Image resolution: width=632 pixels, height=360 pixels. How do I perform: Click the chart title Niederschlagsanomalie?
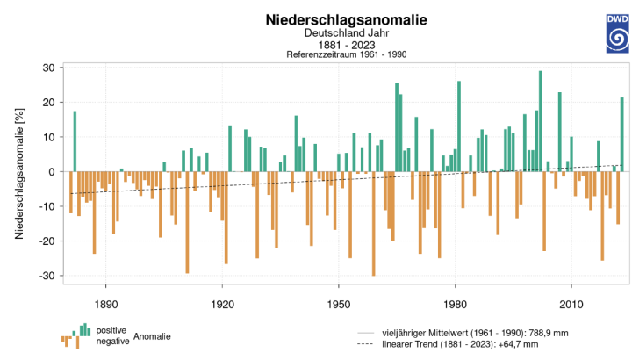[346, 19]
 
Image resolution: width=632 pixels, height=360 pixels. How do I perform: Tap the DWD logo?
[617, 33]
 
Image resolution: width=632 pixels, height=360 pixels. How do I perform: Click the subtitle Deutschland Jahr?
[346, 33]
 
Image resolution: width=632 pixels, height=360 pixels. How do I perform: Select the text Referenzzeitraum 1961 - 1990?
[346, 54]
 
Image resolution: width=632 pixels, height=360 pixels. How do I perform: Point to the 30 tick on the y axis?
[49, 68]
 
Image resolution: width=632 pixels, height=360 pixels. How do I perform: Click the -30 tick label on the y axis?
[47, 277]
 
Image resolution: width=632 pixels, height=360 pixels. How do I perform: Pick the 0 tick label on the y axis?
[52, 172]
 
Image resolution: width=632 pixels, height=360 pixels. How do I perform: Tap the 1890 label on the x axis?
[106, 305]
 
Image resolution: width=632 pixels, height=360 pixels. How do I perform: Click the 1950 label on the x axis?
[339, 305]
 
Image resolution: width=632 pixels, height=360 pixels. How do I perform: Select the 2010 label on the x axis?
[571, 305]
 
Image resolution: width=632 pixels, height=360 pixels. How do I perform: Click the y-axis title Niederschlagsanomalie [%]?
[19, 173]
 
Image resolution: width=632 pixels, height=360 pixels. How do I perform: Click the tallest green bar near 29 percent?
[541, 121]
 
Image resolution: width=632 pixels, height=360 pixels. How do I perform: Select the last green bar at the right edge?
[622, 134]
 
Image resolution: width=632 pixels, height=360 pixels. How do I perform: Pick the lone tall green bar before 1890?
[75, 141]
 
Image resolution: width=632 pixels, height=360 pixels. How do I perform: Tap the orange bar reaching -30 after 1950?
[374, 224]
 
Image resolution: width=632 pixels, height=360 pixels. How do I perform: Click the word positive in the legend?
[111, 330]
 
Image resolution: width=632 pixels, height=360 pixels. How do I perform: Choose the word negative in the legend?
[112, 342]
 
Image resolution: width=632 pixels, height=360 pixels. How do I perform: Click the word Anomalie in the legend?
[152, 336]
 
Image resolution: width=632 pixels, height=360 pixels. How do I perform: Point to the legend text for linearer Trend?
[460, 344]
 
